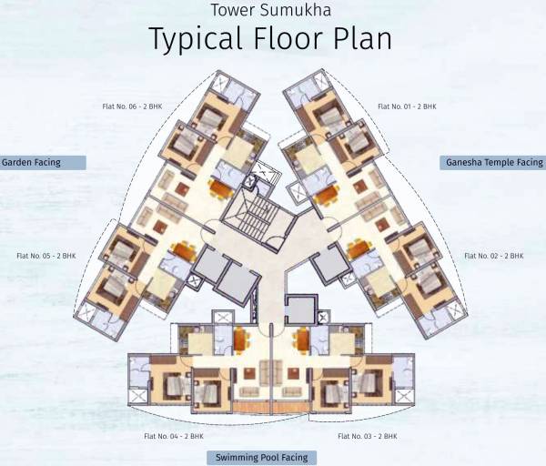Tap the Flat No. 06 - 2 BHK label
(x=133, y=106)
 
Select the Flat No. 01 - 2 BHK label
(x=407, y=106)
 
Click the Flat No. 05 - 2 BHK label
(x=46, y=257)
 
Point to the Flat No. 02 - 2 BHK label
(x=494, y=257)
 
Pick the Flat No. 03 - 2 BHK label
(x=368, y=437)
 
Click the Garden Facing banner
(x=43, y=163)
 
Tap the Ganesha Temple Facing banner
(x=493, y=163)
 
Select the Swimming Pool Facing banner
(x=261, y=458)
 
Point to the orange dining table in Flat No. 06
(x=220, y=189)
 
